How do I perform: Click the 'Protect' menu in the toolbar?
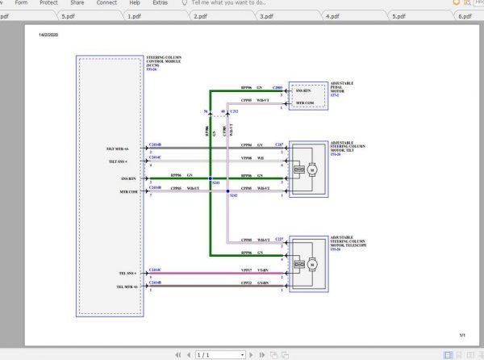pyautogui.click(x=48, y=3)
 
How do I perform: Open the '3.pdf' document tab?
pyautogui.click(x=266, y=15)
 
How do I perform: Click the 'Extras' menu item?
pyautogui.click(x=162, y=3)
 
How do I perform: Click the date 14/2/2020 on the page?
pyautogui.click(x=48, y=35)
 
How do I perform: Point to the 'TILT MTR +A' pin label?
pyautogui.click(x=117, y=149)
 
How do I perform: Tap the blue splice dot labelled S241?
pyautogui.click(x=210, y=178)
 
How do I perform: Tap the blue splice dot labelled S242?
pyautogui.click(x=228, y=190)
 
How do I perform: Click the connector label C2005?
pyautogui.click(x=278, y=86)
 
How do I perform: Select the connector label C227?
pyautogui.click(x=279, y=240)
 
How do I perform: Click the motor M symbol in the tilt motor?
pyautogui.click(x=309, y=170)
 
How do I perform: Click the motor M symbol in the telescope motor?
pyautogui.click(x=309, y=263)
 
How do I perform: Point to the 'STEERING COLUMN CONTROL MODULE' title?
pyautogui.click(x=164, y=61)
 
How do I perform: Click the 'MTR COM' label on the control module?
pyautogui.click(x=129, y=192)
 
